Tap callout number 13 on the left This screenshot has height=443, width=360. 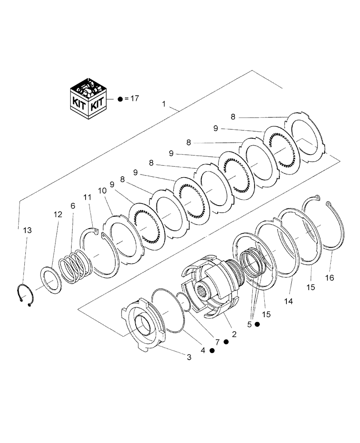(27, 230)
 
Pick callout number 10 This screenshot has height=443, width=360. (102, 190)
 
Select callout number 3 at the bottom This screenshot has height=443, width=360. (189, 357)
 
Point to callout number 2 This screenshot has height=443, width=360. (234, 334)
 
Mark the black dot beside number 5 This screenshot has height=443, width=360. (257, 325)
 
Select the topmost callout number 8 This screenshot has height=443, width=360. (233, 117)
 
